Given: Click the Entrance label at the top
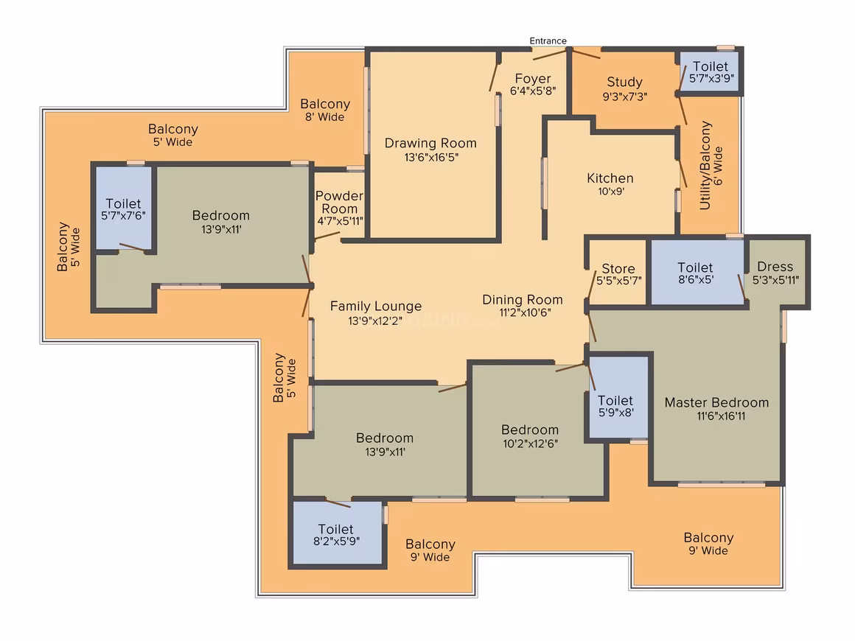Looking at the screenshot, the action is (548, 41).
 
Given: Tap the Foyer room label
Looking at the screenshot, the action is (533, 79).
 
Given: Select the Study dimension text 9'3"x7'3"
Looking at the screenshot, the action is (625, 97).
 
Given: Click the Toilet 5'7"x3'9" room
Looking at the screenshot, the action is (710, 72).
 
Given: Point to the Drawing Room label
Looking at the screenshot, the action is (430, 144).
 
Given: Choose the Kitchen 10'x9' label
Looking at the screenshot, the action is (610, 184).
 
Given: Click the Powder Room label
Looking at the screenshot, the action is (339, 202).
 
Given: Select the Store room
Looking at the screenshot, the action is (618, 273).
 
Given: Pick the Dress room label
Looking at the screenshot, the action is (775, 267).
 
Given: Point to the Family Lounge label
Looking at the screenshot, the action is (376, 307).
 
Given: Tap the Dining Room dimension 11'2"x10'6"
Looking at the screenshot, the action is (525, 313).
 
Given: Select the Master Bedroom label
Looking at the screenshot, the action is (716, 403).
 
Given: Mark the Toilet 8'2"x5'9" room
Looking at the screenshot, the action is (338, 533).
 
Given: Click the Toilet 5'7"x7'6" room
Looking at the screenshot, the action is (124, 208).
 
